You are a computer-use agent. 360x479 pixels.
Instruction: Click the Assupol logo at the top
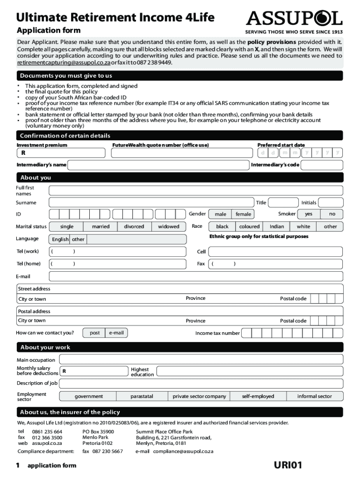click(x=294, y=19)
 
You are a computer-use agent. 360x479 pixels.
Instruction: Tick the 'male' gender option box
click(x=220, y=214)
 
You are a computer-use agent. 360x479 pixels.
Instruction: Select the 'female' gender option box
click(x=243, y=214)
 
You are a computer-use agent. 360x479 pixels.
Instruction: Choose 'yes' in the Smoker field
click(x=309, y=214)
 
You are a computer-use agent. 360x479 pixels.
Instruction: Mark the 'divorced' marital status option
click(x=134, y=226)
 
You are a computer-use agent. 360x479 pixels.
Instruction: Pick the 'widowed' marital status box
click(x=168, y=226)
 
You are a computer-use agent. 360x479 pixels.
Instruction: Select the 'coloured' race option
click(x=249, y=226)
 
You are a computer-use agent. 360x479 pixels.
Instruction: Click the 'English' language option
click(x=60, y=239)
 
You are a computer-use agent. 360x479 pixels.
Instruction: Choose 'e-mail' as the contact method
click(x=116, y=333)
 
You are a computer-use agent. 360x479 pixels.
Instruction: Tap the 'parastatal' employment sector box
click(x=142, y=396)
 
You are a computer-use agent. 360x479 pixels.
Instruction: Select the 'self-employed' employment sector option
click(x=258, y=396)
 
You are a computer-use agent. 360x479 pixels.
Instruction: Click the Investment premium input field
click(x=61, y=153)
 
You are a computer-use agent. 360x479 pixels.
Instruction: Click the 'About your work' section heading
click(x=45, y=348)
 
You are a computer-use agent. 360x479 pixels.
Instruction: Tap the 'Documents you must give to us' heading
click(x=66, y=76)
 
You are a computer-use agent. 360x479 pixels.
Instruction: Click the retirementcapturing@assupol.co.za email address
click(x=64, y=62)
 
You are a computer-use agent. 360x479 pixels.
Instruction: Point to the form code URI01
click(x=288, y=465)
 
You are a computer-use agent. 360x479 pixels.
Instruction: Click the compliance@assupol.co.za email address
click(x=183, y=451)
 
